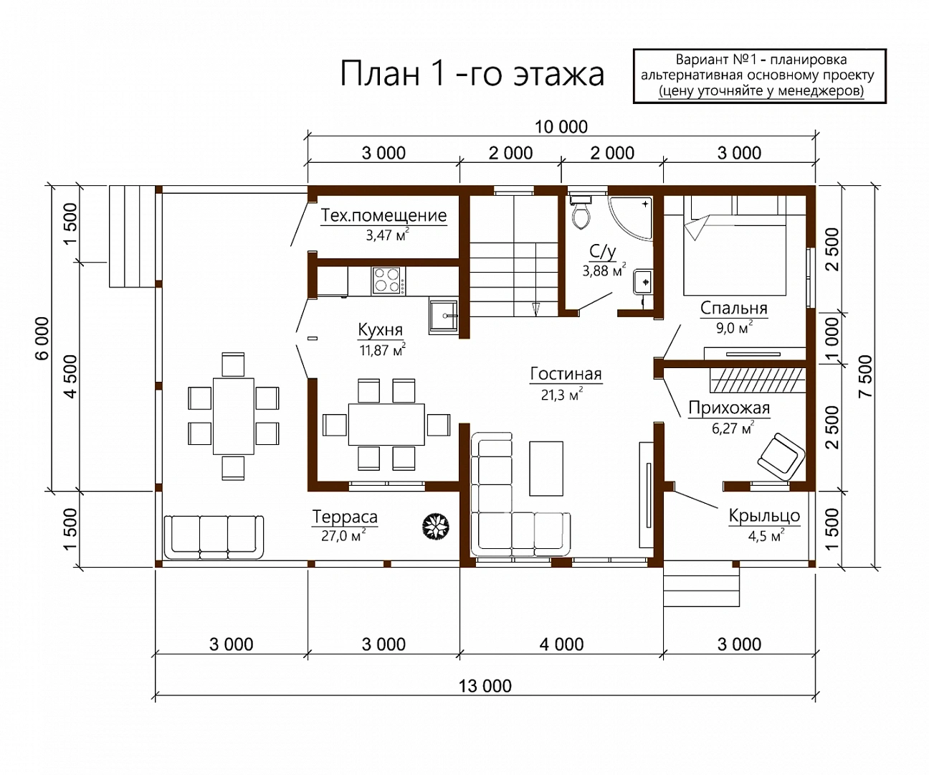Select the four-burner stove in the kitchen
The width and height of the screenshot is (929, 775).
(389, 280)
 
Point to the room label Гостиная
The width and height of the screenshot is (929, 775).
(566, 373)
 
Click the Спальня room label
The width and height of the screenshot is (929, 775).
(734, 308)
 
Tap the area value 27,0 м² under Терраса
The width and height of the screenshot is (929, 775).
(343, 535)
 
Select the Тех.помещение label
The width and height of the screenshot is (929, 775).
(383, 215)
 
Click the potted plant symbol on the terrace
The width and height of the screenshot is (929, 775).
(436, 526)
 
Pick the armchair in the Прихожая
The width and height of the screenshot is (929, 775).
(781, 456)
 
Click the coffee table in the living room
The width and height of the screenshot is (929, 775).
(546, 469)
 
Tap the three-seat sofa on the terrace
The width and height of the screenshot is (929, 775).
(214, 537)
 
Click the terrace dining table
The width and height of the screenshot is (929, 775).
(234, 416)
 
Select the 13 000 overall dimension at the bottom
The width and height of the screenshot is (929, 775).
(485, 686)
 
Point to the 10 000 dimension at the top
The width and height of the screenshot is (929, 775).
(561, 127)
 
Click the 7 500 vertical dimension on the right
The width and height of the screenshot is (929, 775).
(866, 376)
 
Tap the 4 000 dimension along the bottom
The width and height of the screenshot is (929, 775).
(561, 644)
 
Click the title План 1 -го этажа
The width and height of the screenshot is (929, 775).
(472, 74)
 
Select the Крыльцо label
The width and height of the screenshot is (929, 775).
(764, 515)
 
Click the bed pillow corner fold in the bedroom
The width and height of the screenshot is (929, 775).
(697, 227)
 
